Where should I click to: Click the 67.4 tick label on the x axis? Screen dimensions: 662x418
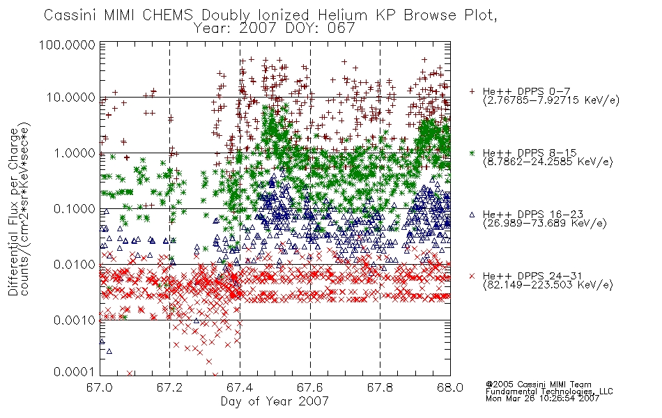tap(240, 387)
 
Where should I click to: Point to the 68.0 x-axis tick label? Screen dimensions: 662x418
tap(450, 387)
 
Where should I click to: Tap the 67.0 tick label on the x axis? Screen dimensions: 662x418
tap(100, 387)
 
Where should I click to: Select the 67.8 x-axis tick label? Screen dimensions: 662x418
tap(380, 387)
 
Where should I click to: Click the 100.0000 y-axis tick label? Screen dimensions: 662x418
tap(67, 45)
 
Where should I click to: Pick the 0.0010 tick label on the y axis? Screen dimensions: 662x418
tap(75, 320)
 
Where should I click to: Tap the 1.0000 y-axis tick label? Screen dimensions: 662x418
tap(75, 153)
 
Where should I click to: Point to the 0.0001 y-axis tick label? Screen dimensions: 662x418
tap(75, 372)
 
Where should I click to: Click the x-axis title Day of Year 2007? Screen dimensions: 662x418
tap(275, 401)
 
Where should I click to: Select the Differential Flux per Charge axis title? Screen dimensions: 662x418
tap(13, 211)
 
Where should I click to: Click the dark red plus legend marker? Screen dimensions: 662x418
tap(472, 91)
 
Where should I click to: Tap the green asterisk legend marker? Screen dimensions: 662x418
tap(472, 153)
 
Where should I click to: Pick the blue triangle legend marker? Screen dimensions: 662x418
tap(472, 215)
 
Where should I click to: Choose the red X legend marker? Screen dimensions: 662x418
tap(472, 276)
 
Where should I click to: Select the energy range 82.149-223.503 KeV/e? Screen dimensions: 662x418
tap(548, 285)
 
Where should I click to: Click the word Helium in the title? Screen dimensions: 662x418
tap(342, 15)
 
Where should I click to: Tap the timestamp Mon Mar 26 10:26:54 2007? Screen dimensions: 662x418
tap(542, 398)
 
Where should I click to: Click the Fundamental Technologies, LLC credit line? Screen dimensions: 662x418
tap(549, 392)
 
